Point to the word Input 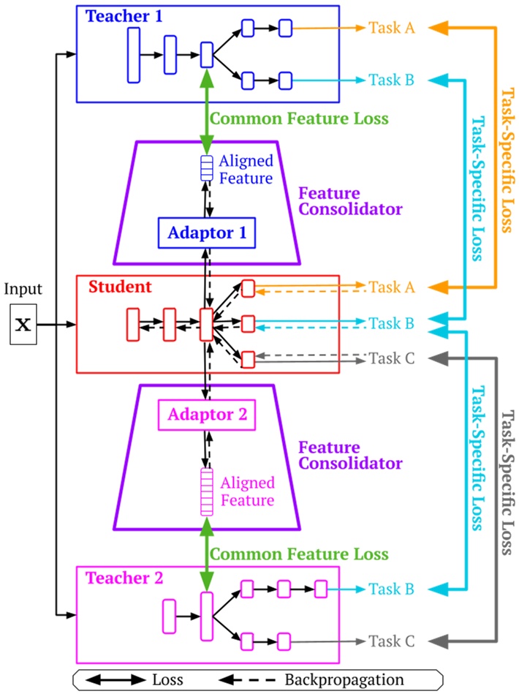click(x=24, y=289)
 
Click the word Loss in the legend click(x=168, y=679)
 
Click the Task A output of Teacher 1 click(x=392, y=28)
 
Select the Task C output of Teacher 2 click(x=392, y=641)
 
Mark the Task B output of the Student click(x=392, y=323)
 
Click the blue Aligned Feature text click(x=246, y=169)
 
